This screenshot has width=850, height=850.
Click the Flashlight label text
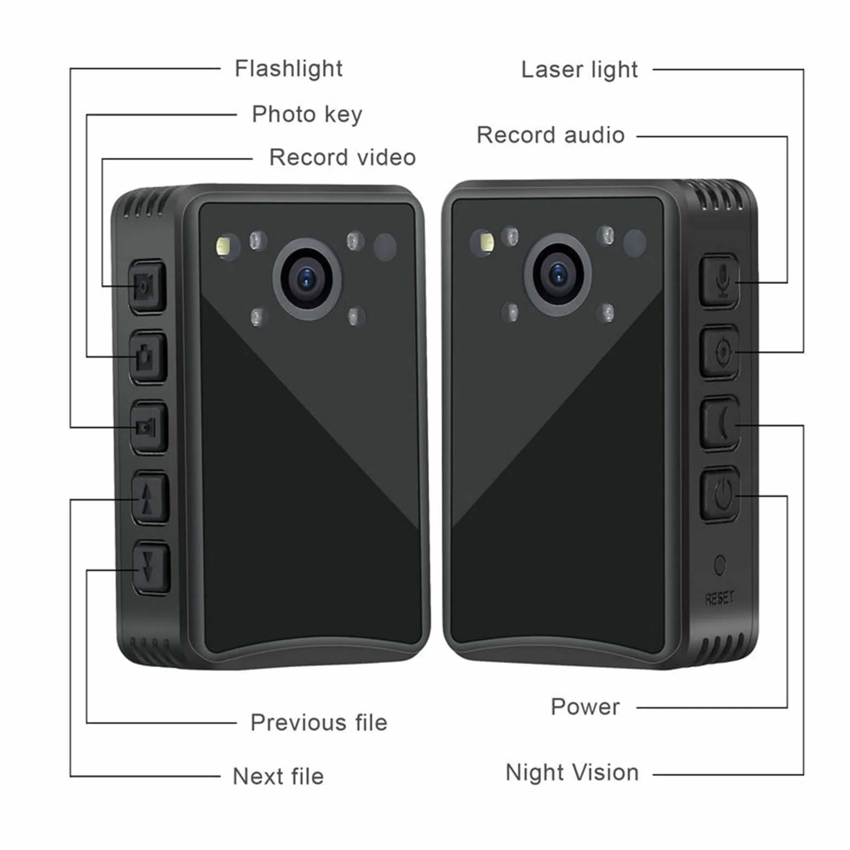point(288,69)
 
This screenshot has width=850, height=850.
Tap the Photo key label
point(307,114)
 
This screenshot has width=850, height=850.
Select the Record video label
point(343,157)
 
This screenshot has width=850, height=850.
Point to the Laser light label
point(579,69)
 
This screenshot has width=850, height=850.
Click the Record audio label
point(551,135)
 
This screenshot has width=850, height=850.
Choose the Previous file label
point(319,723)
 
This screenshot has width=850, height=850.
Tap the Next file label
point(278,776)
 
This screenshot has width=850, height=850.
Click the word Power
point(585,707)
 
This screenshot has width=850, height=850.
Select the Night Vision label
point(572,772)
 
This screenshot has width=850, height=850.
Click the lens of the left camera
point(307,279)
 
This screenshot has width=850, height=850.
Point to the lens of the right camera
point(558,274)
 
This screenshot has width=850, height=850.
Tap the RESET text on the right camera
point(720,598)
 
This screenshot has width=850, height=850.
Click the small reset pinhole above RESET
point(720,565)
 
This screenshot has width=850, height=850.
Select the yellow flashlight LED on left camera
point(223,246)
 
